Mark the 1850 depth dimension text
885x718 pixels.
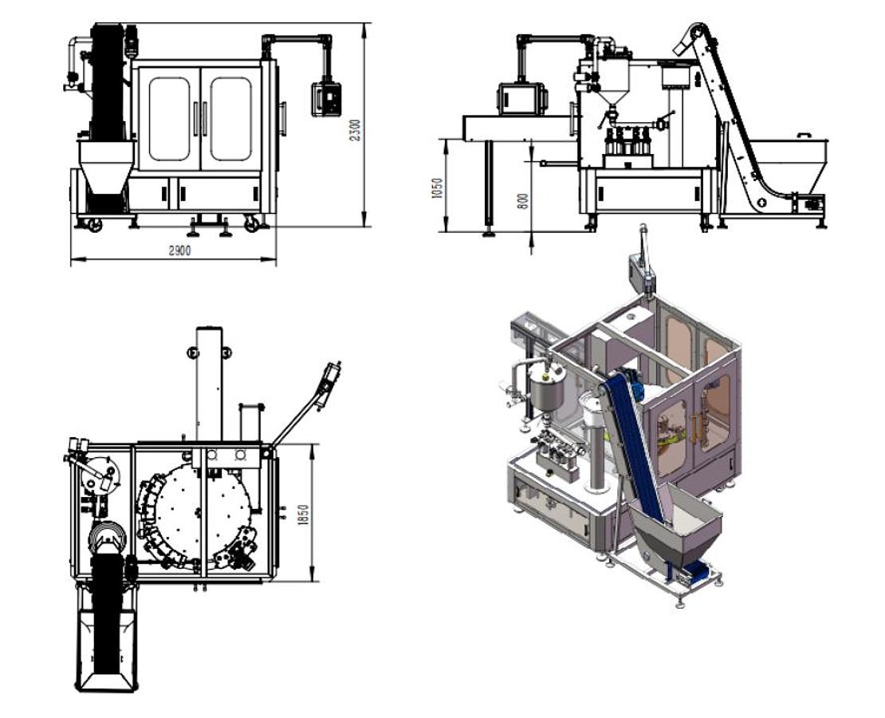coord(302,514)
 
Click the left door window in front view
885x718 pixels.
coord(169,119)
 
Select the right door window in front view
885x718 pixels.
coord(230,119)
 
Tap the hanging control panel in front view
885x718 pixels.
coord(326,98)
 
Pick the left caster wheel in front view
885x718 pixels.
coord(94,226)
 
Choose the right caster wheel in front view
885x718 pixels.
coord(252,226)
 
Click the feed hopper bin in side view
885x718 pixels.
coord(789,164)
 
